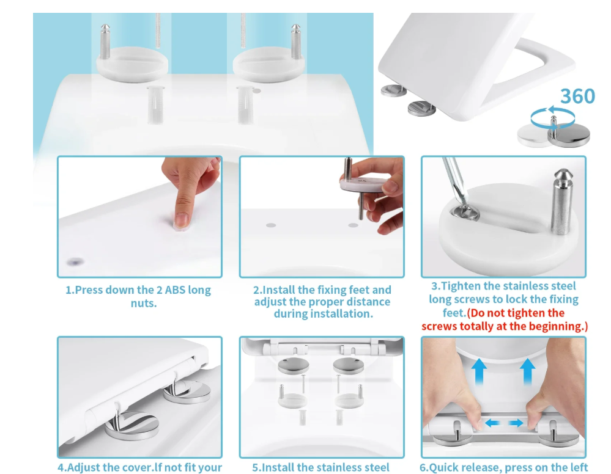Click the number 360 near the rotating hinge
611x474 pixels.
577,96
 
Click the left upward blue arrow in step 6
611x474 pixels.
479,371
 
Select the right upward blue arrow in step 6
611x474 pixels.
527,371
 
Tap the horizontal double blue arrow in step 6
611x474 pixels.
504,423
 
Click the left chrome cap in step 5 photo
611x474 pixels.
294,366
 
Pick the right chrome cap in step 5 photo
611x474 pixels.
349,366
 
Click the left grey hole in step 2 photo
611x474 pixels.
271,225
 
